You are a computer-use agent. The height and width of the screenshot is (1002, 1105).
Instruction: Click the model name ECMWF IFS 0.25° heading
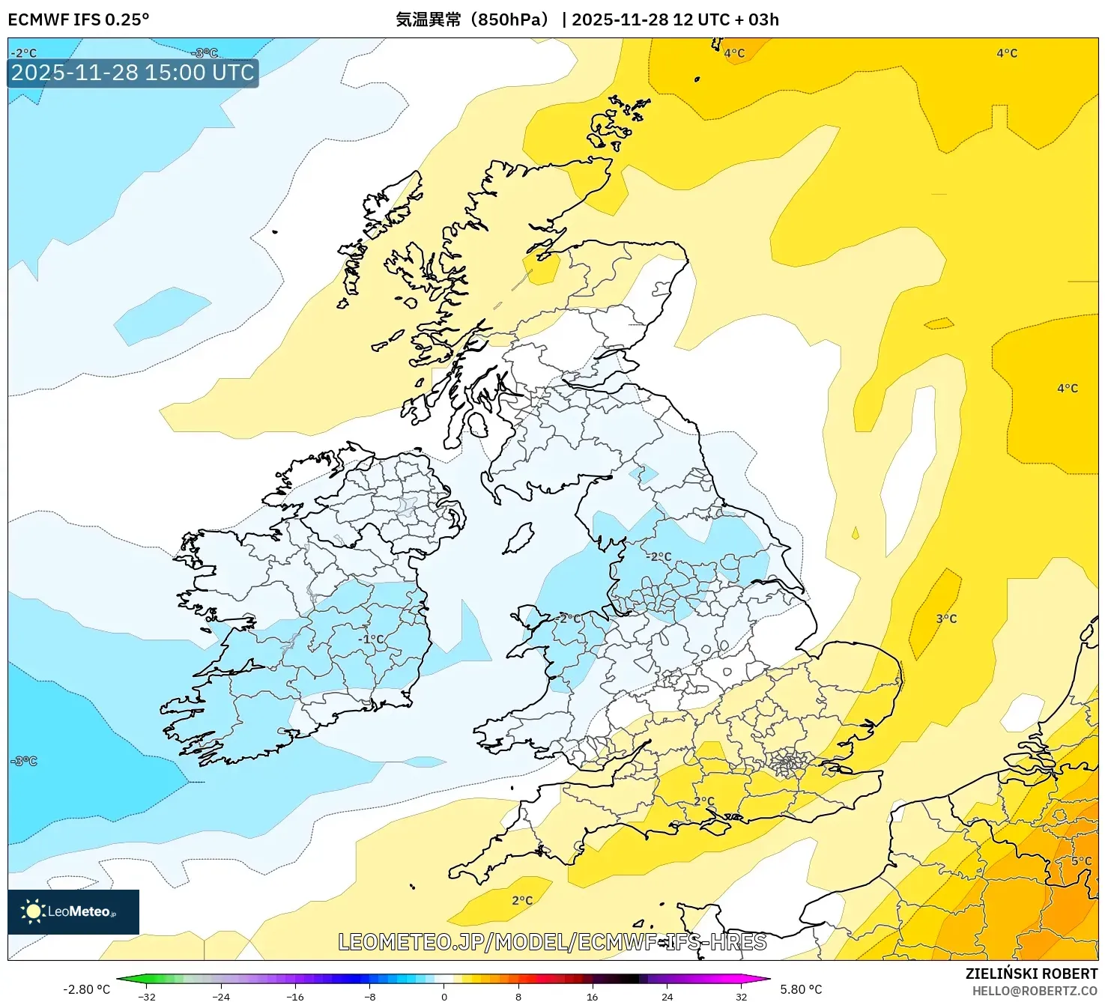79,19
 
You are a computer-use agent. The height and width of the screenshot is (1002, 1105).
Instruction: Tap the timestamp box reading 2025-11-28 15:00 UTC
133,73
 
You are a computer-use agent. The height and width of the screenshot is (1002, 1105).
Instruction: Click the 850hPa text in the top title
512,19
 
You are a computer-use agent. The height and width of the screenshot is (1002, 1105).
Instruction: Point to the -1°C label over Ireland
371,639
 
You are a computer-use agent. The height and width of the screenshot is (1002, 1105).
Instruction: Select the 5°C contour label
1081,861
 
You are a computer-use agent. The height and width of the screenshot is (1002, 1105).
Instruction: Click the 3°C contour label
946,619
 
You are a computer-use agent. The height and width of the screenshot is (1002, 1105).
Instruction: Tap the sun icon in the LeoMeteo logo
33,911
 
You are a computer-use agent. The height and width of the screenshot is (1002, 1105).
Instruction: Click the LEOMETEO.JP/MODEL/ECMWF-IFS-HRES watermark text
552,942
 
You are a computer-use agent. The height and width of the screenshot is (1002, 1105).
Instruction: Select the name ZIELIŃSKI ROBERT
1031,974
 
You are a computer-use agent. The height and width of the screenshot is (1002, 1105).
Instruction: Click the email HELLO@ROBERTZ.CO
1035,991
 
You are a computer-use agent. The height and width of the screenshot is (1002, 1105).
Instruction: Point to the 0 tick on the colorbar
444,996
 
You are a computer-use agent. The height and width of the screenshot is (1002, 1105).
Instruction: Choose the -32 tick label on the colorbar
147,996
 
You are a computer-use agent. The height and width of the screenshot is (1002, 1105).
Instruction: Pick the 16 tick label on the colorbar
592,996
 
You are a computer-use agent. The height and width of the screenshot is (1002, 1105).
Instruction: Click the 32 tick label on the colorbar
741,996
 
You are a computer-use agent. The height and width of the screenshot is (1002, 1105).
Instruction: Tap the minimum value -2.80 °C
86,989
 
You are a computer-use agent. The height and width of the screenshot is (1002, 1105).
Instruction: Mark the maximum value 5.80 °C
801,989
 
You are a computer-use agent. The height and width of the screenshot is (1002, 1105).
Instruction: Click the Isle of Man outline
518,538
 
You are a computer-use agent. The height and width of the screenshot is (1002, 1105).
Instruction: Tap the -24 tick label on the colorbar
221,996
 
